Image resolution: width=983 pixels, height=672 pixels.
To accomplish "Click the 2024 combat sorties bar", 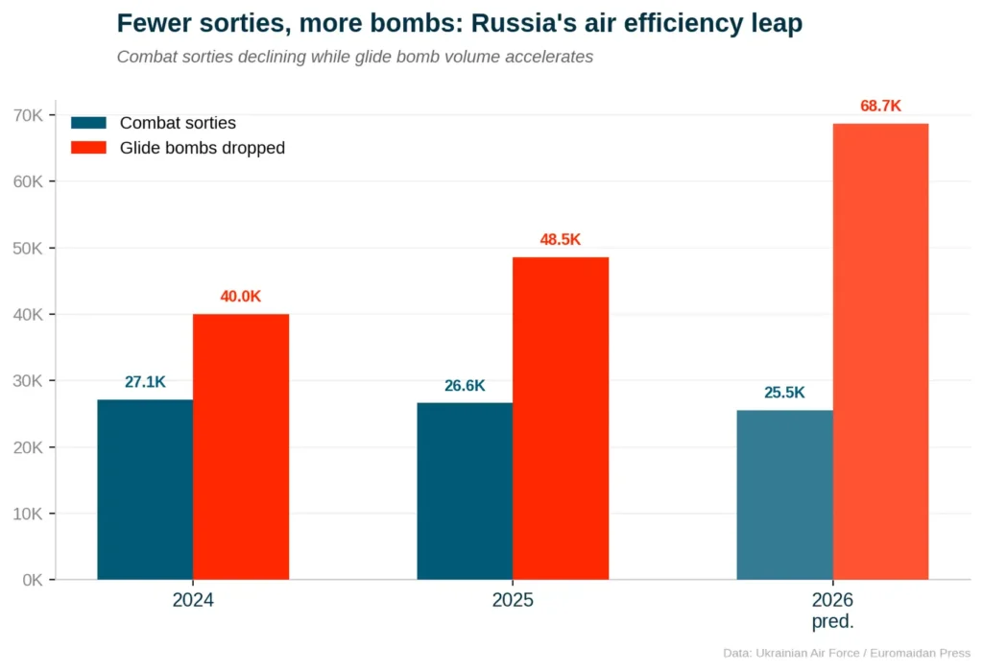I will click(x=145, y=490).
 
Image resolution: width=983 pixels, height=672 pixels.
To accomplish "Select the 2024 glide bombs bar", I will click(x=241, y=446).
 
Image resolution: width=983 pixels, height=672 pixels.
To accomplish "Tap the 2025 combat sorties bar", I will click(x=465, y=491).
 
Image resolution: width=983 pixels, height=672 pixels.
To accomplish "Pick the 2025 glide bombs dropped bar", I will click(x=561, y=419).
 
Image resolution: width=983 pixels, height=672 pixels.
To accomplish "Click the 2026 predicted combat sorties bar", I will click(x=784, y=494).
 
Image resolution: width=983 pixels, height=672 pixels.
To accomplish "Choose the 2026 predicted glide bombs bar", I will click(x=880, y=351).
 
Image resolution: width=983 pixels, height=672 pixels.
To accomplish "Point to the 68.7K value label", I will click(x=880, y=106).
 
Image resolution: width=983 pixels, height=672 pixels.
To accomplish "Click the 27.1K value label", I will click(x=145, y=382).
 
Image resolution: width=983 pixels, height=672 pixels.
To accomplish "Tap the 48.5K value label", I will click(x=561, y=240).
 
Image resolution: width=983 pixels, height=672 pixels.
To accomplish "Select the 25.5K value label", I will click(x=784, y=393).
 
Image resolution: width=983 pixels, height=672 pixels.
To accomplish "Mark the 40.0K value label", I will click(x=241, y=297).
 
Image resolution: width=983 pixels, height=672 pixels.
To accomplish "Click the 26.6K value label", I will click(x=465, y=386).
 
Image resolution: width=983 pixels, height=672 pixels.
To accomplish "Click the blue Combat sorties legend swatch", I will click(x=89, y=123).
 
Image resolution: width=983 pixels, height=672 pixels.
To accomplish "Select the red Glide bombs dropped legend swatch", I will click(x=89, y=148).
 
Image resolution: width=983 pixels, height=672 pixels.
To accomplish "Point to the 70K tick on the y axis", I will click(x=28, y=115).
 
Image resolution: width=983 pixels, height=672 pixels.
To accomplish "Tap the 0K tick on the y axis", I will click(x=32, y=580).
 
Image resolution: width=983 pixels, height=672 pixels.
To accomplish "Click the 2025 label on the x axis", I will click(x=513, y=601).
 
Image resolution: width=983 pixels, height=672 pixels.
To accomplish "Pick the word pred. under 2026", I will click(x=832, y=621).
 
